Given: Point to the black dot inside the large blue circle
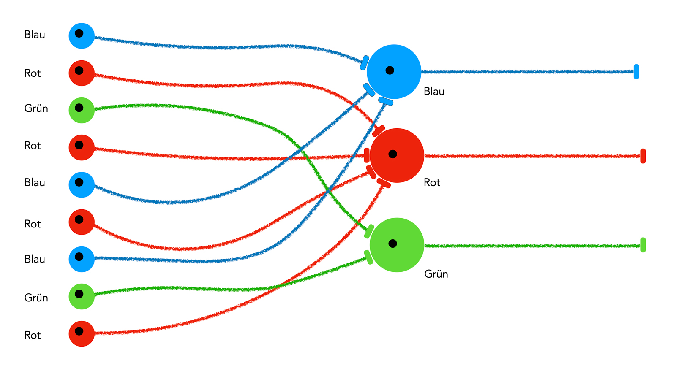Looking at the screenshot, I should (390, 70).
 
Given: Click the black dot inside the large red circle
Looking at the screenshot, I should (393, 154).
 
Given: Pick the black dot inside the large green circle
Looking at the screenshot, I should (393, 244).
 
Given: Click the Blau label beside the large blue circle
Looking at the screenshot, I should (434, 92).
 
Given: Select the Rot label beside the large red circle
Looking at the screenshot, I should (432, 183).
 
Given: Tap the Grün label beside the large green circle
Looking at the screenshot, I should (436, 274).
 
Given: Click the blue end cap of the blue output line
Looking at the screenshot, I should (636, 72).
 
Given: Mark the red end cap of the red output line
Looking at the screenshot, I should (643, 156).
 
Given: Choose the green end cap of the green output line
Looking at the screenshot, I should (643, 245).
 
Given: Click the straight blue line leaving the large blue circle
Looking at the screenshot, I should (528, 72).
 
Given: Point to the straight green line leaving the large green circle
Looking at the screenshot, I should (532, 246).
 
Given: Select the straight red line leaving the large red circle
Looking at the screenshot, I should (532, 156).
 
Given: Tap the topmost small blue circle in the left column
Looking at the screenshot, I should (82, 36).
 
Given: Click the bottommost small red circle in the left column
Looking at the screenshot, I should (82, 334).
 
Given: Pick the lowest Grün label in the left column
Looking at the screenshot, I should (36, 298).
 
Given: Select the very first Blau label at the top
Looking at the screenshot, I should (35, 35).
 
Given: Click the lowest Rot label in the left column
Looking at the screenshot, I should (33, 335).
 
